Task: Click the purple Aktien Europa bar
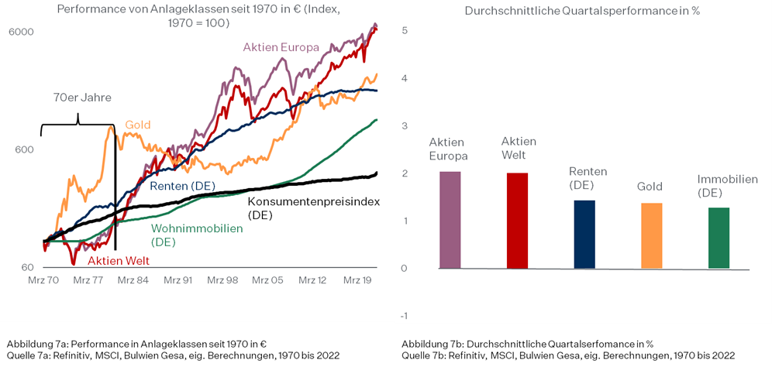click(x=450, y=220)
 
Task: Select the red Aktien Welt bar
click(x=517, y=221)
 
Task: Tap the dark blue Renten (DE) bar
click(x=584, y=235)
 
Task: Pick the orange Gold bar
click(x=651, y=236)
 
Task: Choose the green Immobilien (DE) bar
click(x=719, y=238)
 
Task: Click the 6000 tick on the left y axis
click(x=21, y=32)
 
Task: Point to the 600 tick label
click(x=24, y=149)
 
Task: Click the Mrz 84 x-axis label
click(x=132, y=280)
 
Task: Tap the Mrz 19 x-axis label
click(x=358, y=280)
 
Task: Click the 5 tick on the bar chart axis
click(x=405, y=30)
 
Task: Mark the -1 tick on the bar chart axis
click(x=403, y=316)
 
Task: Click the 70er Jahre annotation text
click(x=82, y=98)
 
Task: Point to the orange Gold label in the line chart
click(x=137, y=125)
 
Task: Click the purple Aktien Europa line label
click(x=281, y=47)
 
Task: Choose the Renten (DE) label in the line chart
click(x=181, y=186)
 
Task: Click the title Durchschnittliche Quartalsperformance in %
click(x=582, y=11)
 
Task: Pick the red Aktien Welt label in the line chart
click(x=118, y=261)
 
